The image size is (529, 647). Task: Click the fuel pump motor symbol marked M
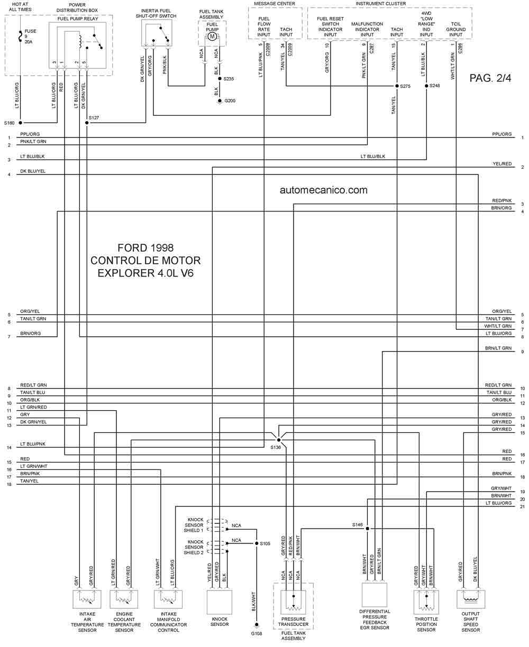[212, 36]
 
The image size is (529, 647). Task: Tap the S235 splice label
[229, 79]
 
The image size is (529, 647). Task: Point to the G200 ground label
[230, 100]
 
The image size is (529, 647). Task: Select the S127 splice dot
[87, 123]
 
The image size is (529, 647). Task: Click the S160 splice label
[9, 123]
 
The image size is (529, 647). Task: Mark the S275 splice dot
[397, 86]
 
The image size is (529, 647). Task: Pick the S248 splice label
[434, 86]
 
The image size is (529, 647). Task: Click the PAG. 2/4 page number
[490, 78]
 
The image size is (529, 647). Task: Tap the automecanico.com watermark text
[323, 190]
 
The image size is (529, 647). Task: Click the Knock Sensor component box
[219, 602]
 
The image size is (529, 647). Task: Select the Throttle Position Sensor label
[426, 624]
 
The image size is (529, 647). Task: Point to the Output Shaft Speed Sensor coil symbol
[470, 599]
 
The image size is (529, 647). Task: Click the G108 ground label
[257, 633]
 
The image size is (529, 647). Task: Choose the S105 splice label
[265, 543]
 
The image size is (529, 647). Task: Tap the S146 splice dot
[367, 529]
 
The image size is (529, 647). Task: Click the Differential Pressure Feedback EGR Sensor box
[374, 595]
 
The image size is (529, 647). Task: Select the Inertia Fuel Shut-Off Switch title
[156, 13]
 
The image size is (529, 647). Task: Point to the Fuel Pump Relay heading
[78, 19]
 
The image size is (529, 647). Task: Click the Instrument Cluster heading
[381, 4]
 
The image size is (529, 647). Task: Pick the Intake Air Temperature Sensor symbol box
[87, 599]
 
